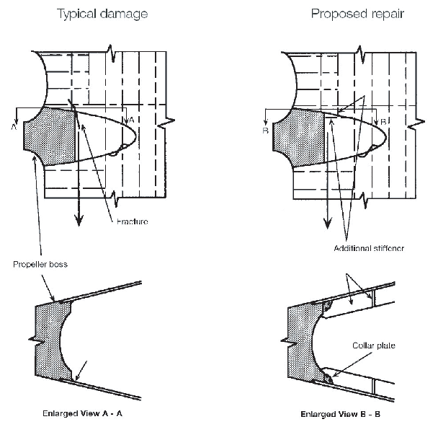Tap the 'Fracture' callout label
tap(132, 221)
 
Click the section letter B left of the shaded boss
tap(266, 131)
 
